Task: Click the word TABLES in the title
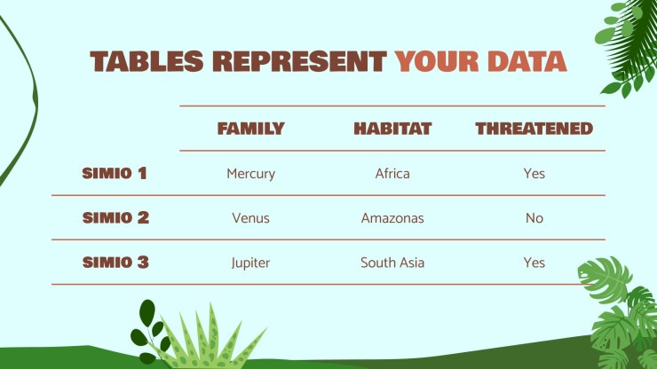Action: (x=146, y=61)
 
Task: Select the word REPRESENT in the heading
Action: (x=299, y=61)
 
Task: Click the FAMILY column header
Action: (x=251, y=129)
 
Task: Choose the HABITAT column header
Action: (x=392, y=129)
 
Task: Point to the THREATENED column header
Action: (x=534, y=129)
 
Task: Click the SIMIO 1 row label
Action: (x=115, y=173)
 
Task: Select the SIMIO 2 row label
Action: (x=115, y=218)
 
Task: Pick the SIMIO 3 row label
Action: (x=115, y=263)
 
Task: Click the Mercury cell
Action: (x=251, y=174)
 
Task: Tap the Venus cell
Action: (x=251, y=218)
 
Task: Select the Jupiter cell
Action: (x=250, y=263)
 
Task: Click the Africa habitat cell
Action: (x=392, y=173)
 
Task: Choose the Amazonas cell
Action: (x=392, y=218)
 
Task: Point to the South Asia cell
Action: (x=392, y=263)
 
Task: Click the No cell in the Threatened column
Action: (x=534, y=218)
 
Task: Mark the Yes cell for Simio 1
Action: (x=534, y=173)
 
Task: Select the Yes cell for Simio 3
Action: (x=534, y=263)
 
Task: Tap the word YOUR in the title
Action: (x=437, y=61)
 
